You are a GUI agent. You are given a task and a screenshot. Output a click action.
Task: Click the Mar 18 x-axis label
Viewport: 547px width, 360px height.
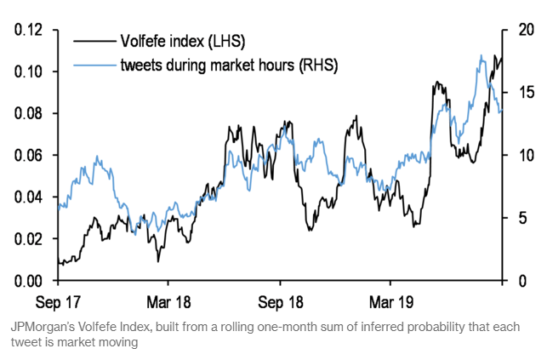[168, 302]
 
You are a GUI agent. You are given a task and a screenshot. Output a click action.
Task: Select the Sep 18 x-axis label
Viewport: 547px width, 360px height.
[281, 302]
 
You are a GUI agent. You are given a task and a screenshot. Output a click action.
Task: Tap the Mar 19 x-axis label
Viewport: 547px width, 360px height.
[390, 302]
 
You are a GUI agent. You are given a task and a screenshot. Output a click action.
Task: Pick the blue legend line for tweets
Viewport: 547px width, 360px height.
[94, 66]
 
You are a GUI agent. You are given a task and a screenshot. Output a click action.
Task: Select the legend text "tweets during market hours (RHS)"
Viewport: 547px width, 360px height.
[229, 66]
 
